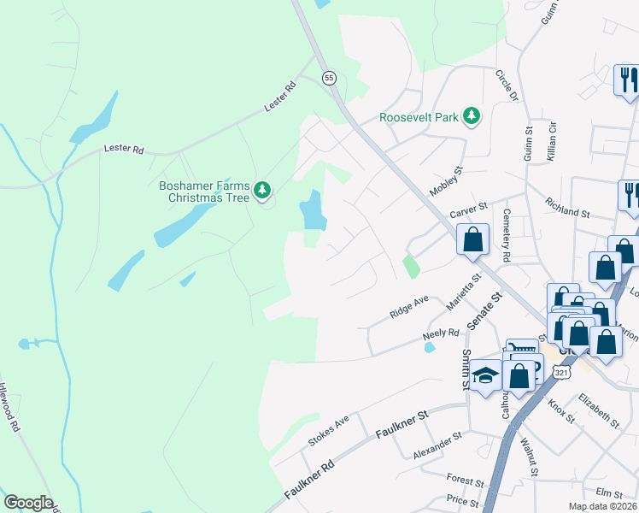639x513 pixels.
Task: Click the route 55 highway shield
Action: [329, 78]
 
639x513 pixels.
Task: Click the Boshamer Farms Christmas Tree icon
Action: [264, 189]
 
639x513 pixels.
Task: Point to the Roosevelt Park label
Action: [419, 118]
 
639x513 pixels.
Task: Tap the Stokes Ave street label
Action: [329, 433]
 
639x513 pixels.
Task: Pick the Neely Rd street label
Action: [441, 337]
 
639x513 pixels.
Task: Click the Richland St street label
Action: [567, 208]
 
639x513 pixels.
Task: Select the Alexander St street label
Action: [437, 447]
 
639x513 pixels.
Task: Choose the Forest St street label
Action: [465, 480]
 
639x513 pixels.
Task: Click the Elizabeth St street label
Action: [598, 410]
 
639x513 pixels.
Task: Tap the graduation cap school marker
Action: [485, 377]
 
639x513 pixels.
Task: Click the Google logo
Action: [28, 503]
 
